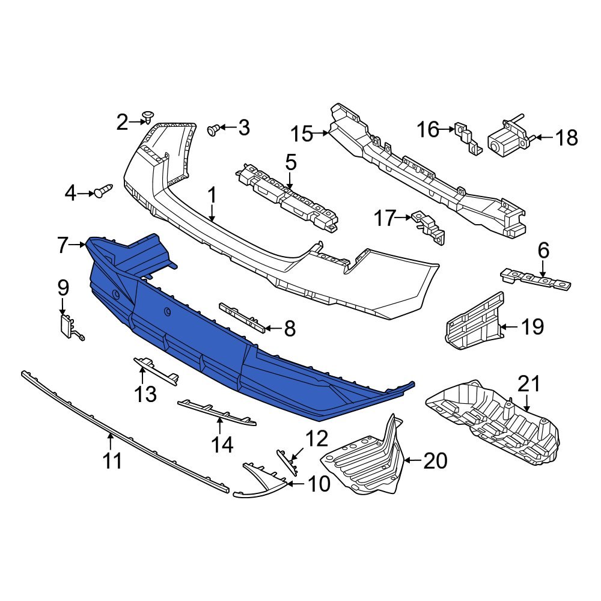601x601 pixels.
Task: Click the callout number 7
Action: [63, 245]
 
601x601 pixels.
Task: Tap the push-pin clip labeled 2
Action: [148, 115]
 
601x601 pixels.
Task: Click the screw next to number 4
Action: [103, 192]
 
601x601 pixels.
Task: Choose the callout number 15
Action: [302, 133]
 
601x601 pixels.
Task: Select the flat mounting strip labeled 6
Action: [535, 279]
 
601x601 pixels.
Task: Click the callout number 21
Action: [529, 383]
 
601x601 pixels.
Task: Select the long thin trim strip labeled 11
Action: [120, 432]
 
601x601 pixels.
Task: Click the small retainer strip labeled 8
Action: [243, 317]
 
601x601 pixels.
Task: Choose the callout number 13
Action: [145, 394]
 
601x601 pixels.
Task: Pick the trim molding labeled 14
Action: [216, 413]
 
